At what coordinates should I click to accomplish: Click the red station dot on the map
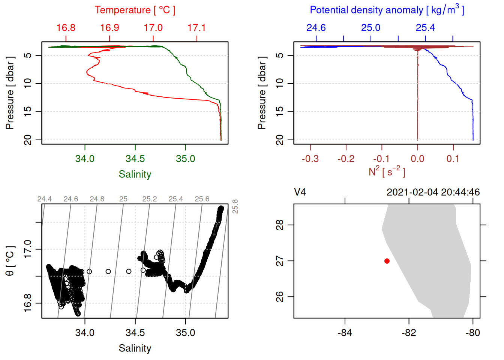pos(387,261)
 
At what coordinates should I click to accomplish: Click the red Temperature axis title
pos(135,10)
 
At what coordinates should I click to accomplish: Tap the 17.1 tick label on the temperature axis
pos(196,28)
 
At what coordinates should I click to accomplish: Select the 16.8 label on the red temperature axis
pos(66,28)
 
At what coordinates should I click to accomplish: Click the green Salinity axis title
pos(135,174)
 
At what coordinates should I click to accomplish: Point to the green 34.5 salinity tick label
pos(135,159)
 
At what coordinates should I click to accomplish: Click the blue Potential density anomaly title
pos(387,10)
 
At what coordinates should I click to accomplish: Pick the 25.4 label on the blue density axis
pos(425,28)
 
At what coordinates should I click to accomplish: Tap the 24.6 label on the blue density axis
pos(316,28)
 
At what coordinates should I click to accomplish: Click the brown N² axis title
pos(387,171)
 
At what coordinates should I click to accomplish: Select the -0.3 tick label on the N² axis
pos(310,159)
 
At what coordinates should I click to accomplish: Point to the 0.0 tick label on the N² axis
pos(417,159)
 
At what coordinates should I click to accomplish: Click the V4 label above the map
pos(300,192)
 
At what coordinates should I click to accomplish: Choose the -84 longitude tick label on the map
pos(345,333)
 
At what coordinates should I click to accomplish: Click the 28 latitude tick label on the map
pos(280,225)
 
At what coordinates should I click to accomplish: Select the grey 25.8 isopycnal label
pos(235,207)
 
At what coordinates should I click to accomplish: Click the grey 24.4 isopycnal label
pos(45,199)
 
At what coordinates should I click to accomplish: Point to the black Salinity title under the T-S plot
pos(135,348)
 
